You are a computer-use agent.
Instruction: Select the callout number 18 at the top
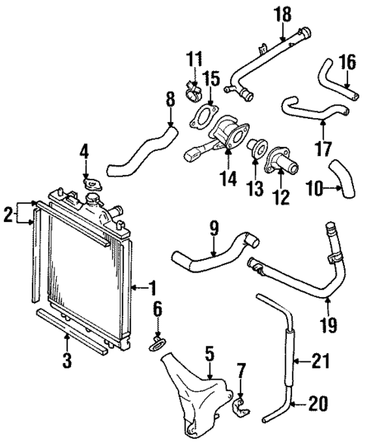point(283,14)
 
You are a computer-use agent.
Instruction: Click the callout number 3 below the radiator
point(67,361)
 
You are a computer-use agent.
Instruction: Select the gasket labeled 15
point(201,118)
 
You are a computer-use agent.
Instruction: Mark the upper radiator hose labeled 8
point(144,152)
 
